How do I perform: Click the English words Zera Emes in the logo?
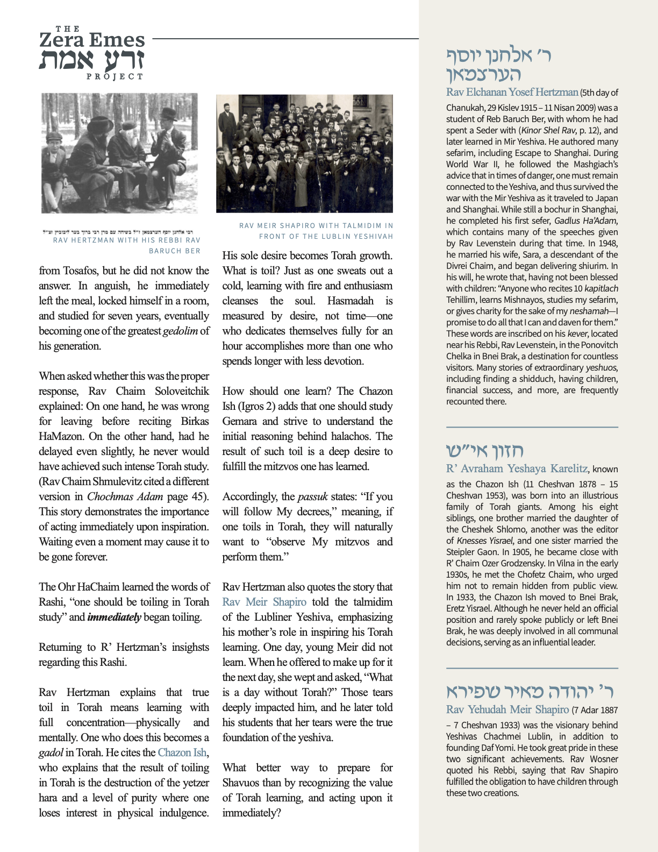click(92, 40)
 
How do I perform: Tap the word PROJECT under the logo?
click(115, 77)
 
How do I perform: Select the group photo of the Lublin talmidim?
click(304, 154)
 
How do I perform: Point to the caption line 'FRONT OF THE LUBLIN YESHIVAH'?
click(326, 236)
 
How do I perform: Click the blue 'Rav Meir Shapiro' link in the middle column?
click(264, 602)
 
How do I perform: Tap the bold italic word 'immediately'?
click(114, 617)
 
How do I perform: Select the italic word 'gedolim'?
click(180, 331)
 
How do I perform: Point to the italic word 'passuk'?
click(312, 496)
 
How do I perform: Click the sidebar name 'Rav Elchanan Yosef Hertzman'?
click(512, 92)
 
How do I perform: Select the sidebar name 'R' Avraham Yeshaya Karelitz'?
click(517, 468)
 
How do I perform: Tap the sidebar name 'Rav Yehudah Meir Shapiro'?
click(507, 709)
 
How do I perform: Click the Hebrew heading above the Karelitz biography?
click(484, 450)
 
